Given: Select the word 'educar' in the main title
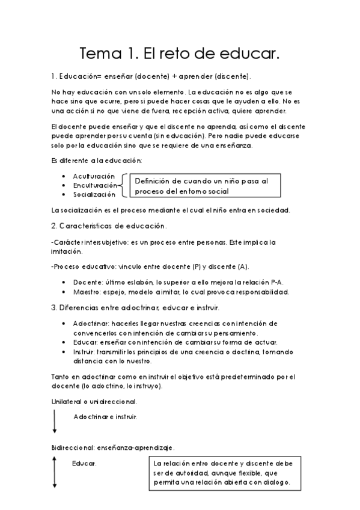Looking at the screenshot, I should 248,54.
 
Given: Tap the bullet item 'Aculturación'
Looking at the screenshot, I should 94,176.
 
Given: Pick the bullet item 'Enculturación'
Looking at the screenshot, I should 95,185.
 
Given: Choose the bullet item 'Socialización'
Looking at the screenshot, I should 94,195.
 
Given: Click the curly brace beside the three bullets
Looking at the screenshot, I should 123,185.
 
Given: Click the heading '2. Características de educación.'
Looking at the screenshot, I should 109,226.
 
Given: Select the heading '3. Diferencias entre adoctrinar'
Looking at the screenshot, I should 135,307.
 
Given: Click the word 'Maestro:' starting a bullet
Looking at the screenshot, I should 88,292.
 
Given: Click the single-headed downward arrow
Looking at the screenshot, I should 55,422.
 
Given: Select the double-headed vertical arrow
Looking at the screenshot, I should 55,472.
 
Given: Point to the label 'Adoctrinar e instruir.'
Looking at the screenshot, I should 105,416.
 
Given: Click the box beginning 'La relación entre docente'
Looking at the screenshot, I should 225,473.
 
